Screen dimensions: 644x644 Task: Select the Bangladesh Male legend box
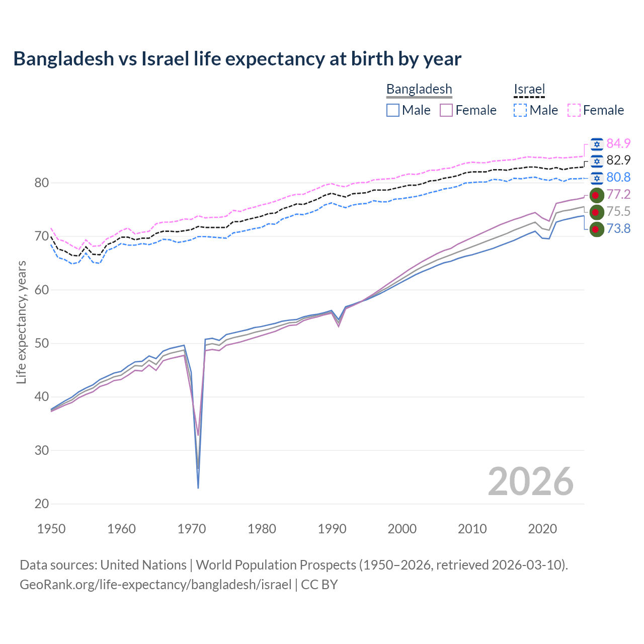393,110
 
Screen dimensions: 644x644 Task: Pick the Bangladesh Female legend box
446,110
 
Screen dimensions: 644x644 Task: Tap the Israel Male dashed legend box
520,110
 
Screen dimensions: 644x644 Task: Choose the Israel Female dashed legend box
574,110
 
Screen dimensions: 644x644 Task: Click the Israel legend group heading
529,90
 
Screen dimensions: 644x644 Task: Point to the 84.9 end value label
618,143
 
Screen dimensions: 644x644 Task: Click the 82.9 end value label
618,160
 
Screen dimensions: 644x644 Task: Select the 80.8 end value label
618,177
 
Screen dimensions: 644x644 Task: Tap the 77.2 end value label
618,194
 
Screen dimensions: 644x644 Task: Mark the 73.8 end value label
618,228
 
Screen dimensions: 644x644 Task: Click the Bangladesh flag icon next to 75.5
596,212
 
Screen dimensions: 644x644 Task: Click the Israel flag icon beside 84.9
597,144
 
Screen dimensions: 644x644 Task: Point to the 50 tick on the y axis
42,343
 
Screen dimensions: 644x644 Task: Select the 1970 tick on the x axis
192,529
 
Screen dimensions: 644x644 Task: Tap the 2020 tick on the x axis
542,529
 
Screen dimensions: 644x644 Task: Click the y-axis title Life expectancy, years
21,322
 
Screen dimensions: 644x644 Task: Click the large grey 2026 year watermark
530,481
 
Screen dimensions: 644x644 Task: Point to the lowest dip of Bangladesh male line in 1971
198,488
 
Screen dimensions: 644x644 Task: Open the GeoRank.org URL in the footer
155,585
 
